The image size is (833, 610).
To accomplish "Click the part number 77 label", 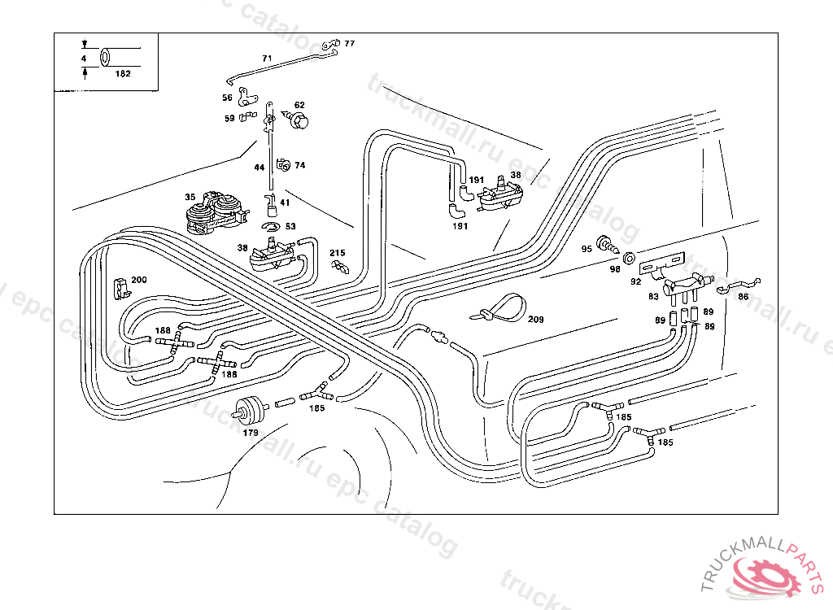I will (350, 43).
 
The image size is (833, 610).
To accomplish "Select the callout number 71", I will (267, 59).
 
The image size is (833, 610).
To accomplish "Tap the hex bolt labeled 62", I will (299, 120).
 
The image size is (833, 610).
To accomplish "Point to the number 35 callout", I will (190, 197).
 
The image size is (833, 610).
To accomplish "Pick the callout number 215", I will (338, 254).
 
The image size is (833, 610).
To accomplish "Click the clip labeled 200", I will (119, 286).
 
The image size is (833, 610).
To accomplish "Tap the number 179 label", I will (251, 433).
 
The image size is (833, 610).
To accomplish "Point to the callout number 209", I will (535, 319).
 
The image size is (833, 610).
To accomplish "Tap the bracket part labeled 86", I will (740, 285).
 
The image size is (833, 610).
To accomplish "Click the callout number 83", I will (653, 297).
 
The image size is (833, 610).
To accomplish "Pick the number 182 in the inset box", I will (123, 73).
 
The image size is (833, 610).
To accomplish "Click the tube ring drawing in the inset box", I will (106, 59).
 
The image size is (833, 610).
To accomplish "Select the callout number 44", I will (259, 168).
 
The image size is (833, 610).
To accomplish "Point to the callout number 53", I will (290, 226).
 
